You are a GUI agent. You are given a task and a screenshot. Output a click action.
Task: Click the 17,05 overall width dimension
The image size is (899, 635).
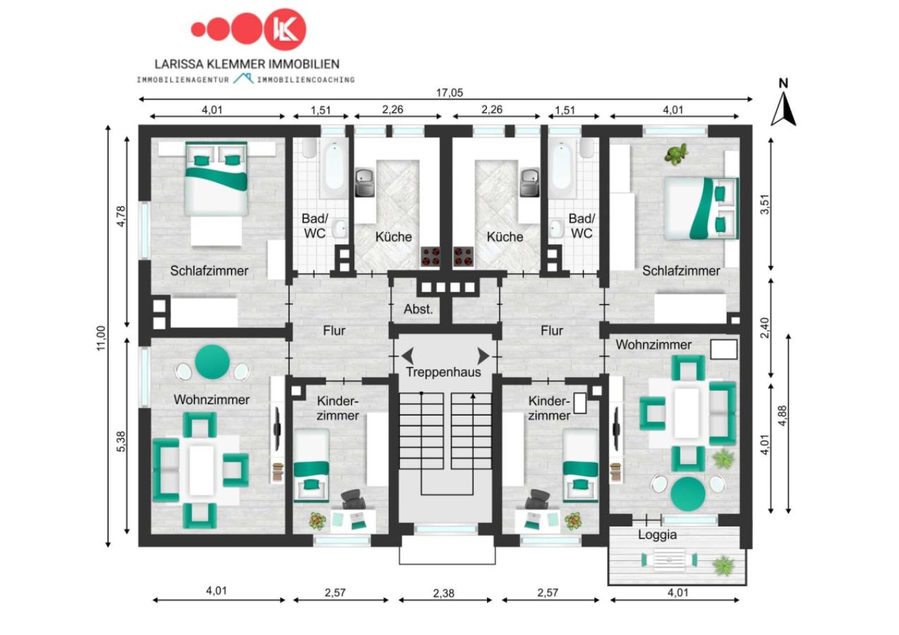click(449, 92)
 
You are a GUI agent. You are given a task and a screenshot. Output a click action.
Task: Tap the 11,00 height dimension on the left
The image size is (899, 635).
click(101, 337)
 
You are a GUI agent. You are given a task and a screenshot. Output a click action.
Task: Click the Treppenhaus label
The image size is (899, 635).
click(443, 372)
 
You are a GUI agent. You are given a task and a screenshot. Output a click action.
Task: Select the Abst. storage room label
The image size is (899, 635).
click(418, 310)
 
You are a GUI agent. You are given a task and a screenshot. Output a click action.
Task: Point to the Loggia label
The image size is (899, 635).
click(658, 535)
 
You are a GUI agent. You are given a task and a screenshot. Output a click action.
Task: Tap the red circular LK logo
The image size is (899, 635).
click(285, 30)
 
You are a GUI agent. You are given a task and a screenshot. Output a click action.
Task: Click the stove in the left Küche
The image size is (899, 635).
click(430, 257)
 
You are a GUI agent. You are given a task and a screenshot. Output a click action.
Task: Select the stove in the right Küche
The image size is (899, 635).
click(463, 257)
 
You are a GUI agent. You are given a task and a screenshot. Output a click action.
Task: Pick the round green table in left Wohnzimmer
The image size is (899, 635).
click(212, 362)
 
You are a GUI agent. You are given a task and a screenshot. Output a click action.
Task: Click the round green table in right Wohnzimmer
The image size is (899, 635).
click(688, 493)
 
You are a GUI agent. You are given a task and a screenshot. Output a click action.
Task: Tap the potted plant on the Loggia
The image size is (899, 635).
click(723, 565)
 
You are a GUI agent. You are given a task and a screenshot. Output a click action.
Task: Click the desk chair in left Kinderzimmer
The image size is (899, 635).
click(354, 499)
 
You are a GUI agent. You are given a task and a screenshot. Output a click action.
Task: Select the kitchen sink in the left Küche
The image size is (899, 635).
click(365, 183)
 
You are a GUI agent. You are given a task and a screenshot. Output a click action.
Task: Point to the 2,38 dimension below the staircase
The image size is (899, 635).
click(443, 593)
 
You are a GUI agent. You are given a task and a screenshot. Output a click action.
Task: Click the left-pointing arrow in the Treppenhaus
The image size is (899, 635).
click(408, 356)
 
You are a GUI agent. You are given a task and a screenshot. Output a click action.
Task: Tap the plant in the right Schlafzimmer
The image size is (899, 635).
click(676, 154)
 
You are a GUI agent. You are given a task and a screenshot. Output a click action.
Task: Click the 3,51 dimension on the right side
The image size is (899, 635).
click(765, 205)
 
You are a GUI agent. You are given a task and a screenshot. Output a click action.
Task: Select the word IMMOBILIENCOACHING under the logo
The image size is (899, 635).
click(306, 80)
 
